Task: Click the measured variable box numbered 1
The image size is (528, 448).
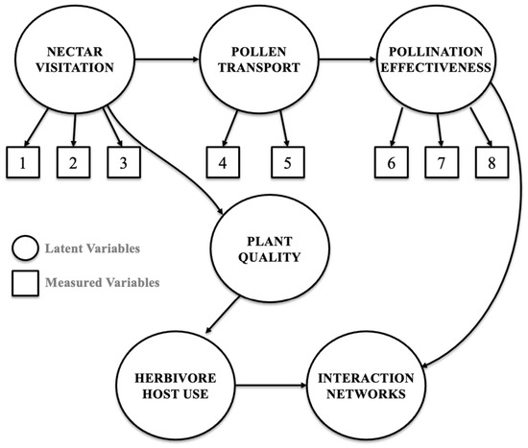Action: click(23, 162)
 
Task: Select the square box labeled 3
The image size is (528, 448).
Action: click(124, 162)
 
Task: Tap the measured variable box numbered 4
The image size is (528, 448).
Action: click(223, 162)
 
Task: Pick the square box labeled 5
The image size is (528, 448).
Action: click(288, 162)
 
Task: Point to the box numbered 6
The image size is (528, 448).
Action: click(392, 162)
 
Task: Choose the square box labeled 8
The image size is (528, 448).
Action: click(492, 162)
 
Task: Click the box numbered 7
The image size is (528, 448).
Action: click(442, 162)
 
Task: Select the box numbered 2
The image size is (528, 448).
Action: click(73, 162)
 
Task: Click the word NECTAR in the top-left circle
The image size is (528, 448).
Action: click(75, 52)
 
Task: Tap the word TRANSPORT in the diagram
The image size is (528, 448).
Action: click(259, 68)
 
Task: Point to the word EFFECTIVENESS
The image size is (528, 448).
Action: click(436, 68)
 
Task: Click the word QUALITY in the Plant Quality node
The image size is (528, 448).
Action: click(270, 257)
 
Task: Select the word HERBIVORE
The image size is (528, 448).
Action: click(176, 378)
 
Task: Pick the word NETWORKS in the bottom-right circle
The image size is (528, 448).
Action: click(366, 394)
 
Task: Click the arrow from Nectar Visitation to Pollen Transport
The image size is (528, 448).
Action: click(167, 59)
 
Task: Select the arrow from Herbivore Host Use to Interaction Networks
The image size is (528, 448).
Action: click(271, 385)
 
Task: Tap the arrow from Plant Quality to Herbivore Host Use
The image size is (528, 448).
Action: click(223, 315)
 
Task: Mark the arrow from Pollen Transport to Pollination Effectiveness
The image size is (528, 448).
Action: click(348, 59)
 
